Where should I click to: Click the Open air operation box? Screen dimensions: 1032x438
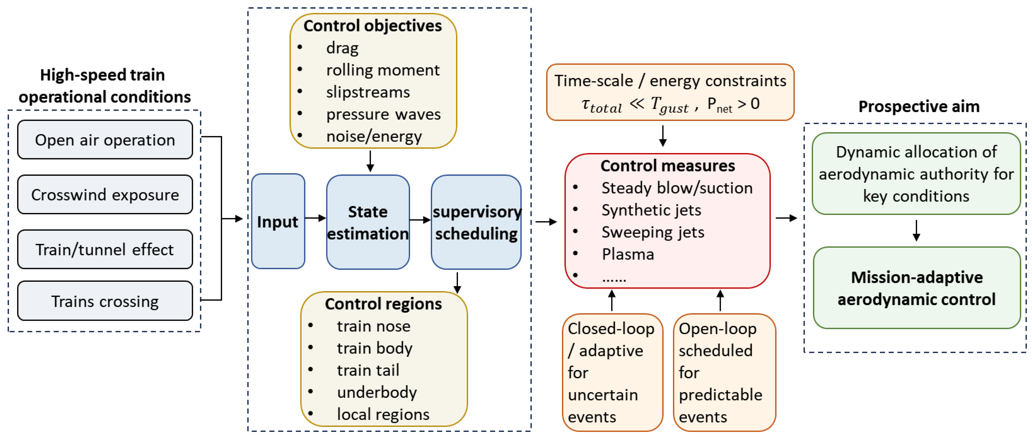click(x=105, y=139)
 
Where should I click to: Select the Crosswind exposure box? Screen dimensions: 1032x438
click(x=105, y=194)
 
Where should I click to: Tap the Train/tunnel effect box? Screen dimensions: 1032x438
click(x=105, y=249)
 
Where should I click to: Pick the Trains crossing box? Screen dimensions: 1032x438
click(x=105, y=301)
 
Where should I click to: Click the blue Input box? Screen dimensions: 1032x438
click(x=278, y=221)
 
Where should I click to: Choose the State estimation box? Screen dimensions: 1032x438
click(x=368, y=222)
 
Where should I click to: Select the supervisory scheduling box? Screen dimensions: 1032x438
click(x=476, y=222)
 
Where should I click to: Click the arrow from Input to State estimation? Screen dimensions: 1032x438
click(x=316, y=218)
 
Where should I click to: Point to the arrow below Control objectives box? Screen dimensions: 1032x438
click(x=370, y=161)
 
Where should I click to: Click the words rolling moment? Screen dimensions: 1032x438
click(x=383, y=70)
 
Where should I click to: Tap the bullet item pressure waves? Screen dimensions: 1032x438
click(x=383, y=114)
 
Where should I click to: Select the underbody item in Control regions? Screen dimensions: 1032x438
click(x=376, y=392)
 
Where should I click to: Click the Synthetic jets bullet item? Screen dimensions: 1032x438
click(x=651, y=210)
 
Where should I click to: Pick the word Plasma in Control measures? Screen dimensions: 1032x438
click(x=628, y=254)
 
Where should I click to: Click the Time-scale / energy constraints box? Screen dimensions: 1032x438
click(x=670, y=92)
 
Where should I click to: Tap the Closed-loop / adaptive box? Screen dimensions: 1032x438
click(x=612, y=373)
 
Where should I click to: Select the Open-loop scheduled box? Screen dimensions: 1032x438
click(x=725, y=373)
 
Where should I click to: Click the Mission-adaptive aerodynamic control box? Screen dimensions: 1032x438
click(x=916, y=288)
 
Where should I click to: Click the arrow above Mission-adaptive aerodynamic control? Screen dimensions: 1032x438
click(x=916, y=230)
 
